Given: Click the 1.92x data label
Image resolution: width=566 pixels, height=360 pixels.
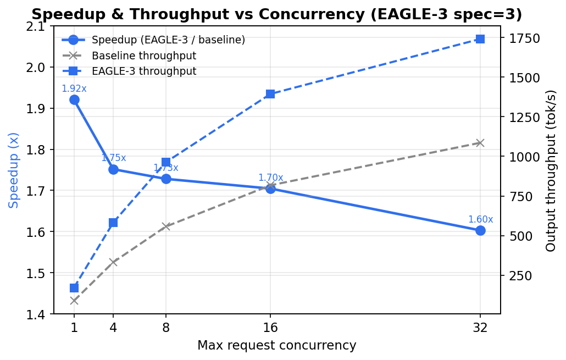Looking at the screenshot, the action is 74,88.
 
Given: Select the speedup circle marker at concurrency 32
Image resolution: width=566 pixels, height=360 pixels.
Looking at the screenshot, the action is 480,230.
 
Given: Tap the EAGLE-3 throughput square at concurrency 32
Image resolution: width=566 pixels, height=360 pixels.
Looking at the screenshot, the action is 480,39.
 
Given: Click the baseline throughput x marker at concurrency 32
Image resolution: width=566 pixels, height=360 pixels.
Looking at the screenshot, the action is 480,143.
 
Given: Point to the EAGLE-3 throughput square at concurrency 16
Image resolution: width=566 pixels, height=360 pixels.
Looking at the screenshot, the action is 270,94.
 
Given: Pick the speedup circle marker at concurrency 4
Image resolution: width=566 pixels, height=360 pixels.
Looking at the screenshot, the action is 113,169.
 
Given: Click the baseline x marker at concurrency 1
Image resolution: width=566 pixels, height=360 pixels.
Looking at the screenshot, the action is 74,301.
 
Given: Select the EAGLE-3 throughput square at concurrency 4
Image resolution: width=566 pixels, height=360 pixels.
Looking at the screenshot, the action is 113,223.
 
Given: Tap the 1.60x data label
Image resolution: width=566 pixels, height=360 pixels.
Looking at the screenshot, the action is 480,219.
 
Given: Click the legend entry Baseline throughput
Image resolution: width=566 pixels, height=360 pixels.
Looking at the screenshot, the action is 144,56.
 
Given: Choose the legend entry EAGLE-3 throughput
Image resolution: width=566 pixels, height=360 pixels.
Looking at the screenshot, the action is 144,71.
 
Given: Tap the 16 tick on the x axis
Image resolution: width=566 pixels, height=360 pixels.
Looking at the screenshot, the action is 270,328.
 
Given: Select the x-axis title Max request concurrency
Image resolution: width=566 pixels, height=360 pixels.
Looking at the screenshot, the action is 277,346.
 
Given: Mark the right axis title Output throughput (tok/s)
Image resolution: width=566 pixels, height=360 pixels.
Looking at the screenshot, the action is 551,170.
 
